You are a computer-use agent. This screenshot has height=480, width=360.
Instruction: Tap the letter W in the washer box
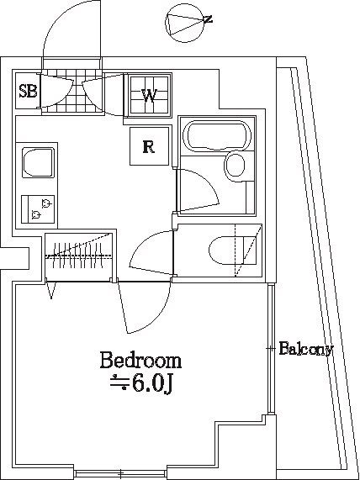coord(149,95)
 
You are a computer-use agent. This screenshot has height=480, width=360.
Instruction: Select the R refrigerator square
coord(149,146)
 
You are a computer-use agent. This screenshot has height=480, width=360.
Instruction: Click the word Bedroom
coord(140,361)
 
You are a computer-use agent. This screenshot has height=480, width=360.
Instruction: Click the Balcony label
coord(306,349)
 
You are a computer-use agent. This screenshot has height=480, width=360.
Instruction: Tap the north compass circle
coord(184,23)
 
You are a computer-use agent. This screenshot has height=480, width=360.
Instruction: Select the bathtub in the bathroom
coord(217,136)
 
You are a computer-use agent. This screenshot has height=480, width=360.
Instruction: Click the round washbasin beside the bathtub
coord(235,165)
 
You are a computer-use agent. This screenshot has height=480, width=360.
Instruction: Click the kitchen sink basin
coord(39,162)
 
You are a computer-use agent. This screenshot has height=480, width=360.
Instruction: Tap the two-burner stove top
coord(38,209)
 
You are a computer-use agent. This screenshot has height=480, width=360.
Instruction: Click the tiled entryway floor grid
coord(72,91)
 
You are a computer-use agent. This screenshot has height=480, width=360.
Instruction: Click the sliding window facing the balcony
coord(271,349)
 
